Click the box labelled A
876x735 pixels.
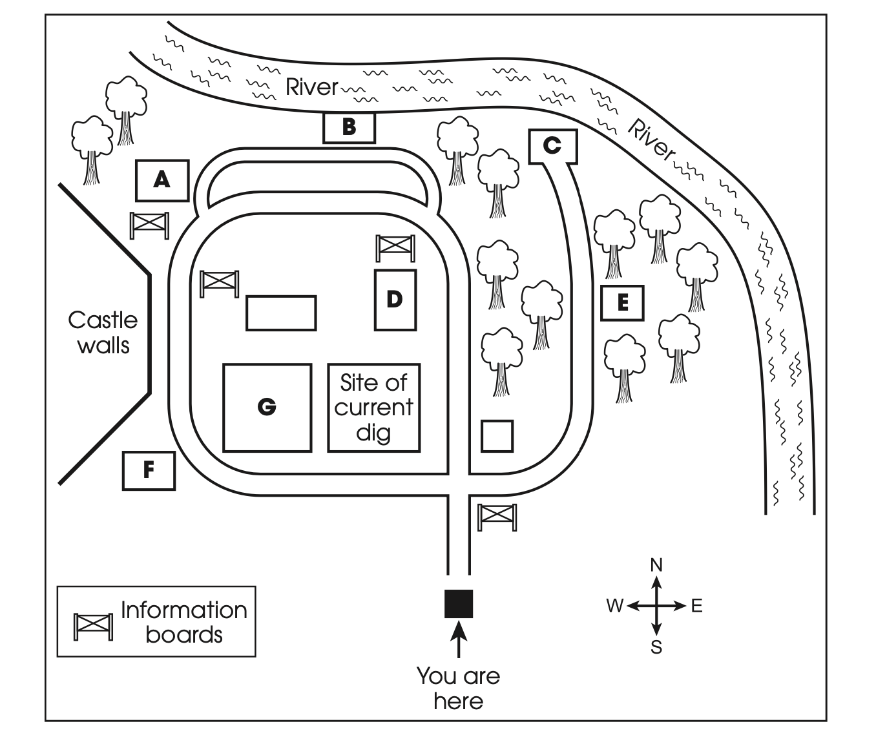point(162,181)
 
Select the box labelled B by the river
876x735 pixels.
point(349,127)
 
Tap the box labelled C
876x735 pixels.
point(553,147)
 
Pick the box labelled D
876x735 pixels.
point(395,300)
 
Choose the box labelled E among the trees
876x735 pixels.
point(622,303)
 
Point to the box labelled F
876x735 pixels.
point(149,471)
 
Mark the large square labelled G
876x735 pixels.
point(267,408)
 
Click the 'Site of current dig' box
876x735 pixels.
point(374,408)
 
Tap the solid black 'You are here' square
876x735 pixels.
point(459,604)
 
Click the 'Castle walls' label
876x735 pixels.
point(103,333)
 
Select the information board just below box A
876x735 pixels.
point(149,225)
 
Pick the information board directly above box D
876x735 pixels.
point(395,249)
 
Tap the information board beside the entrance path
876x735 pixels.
point(497,518)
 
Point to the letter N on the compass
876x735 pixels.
point(656,566)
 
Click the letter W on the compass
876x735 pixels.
point(615,606)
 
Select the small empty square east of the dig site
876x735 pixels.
point(497,437)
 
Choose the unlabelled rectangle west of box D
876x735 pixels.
point(281,313)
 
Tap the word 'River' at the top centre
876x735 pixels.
point(312,87)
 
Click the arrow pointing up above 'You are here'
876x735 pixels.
point(459,639)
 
